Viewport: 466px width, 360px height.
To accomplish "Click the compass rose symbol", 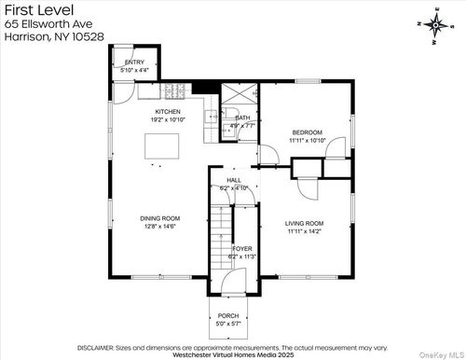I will (435, 27).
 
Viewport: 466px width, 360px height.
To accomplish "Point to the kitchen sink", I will (212, 118).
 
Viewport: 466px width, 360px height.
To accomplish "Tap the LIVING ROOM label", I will (304, 223).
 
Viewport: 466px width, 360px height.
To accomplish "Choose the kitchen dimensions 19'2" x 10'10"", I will (168, 119).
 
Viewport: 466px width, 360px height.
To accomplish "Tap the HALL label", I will (233, 181).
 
